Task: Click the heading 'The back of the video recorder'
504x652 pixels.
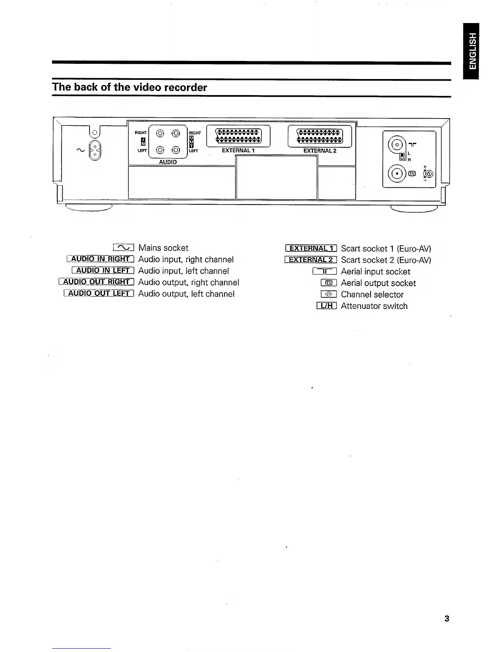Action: tap(129, 87)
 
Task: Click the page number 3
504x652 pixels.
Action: tap(447, 618)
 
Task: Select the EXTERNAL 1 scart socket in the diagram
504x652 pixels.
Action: tap(238, 135)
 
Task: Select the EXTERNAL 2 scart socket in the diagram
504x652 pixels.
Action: tap(320, 135)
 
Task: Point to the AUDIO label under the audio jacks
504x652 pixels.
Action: tap(168, 162)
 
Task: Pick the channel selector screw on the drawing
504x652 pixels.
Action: tap(429, 174)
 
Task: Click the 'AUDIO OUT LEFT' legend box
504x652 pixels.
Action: tap(99, 293)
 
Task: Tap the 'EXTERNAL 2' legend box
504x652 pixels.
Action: tap(311, 260)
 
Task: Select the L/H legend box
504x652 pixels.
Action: tap(327, 306)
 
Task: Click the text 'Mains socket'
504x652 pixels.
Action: tap(163, 248)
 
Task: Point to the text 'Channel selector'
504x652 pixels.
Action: tap(372, 294)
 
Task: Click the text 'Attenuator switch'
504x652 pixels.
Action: tap(374, 306)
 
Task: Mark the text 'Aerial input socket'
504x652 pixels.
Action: tap(375, 272)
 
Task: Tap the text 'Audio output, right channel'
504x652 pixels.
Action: tap(188, 282)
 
